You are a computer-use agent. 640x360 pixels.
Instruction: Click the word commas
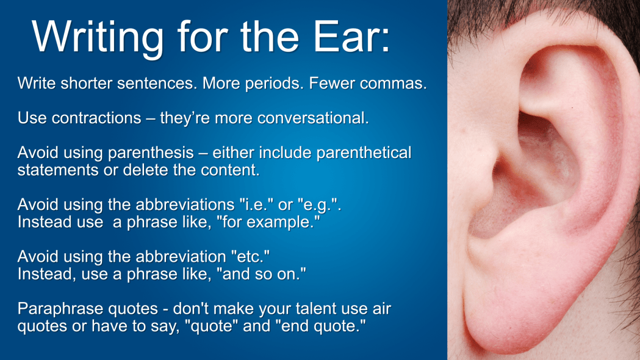click(392, 84)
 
